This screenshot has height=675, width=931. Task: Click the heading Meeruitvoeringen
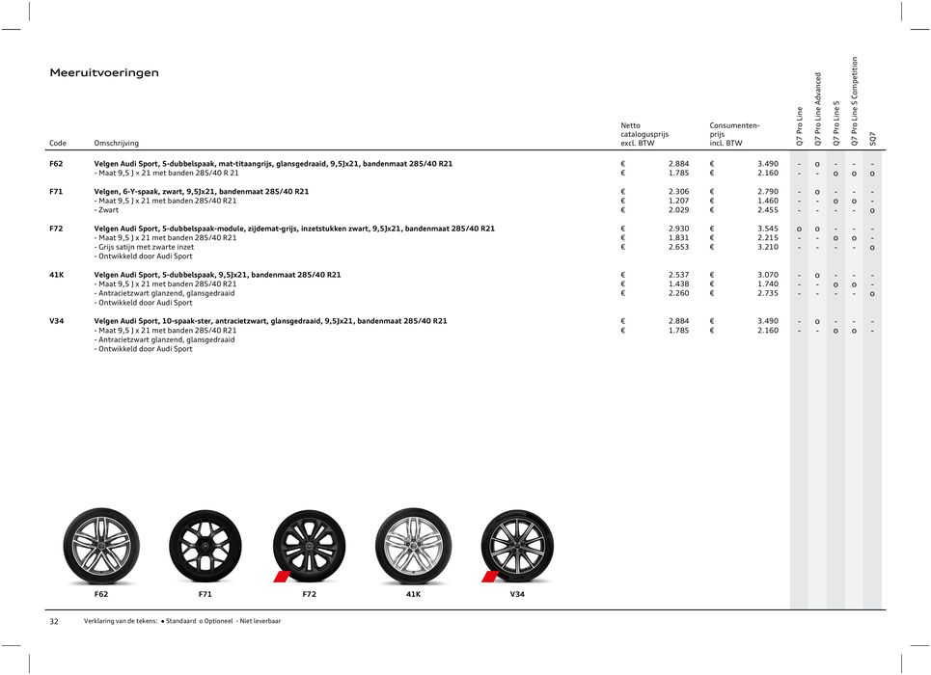(x=104, y=73)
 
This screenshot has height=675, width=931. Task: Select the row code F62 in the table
(x=57, y=164)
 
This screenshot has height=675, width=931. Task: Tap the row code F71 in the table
(x=57, y=192)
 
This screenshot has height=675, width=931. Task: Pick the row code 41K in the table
(x=57, y=275)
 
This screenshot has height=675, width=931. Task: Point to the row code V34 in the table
(x=57, y=321)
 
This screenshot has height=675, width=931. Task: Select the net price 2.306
(x=678, y=192)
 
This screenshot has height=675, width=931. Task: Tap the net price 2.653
(x=678, y=247)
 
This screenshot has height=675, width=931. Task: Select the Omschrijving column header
(x=116, y=143)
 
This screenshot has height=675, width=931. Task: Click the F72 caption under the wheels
(x=309, y=595)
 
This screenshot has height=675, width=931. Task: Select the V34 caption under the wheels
(x=517, y=595)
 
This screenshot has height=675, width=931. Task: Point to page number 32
(x=54, y=622)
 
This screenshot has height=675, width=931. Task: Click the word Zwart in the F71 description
(x=107, y=210)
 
